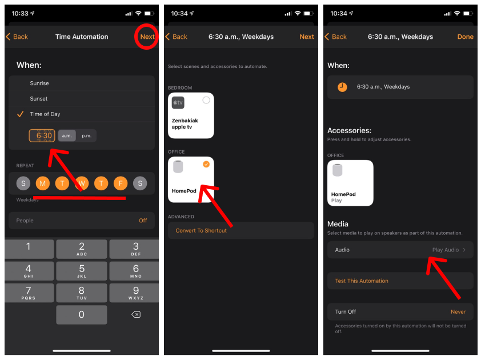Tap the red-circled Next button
click(147, 37)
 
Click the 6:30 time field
click(42, 136)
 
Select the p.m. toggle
click(86, 136)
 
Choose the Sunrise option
click(39, 83)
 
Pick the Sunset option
click(39, 99)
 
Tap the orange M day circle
click(42, 183)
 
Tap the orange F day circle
click(120, 183)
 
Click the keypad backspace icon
click(135, 314)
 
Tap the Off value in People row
click(143, 221)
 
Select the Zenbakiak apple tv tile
click(191, 115)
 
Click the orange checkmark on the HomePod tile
click(206, 165)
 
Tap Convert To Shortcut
click(201, 230)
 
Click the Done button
click(465, 37)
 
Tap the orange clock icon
click(342, 87)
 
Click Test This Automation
click(362, 281)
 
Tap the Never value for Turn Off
click(458, 312)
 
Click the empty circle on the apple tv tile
click(206, 100)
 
